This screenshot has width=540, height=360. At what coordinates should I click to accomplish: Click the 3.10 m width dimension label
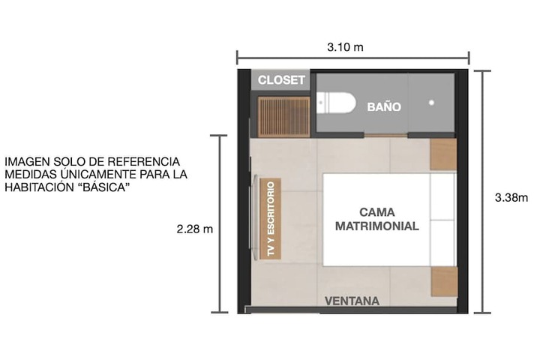click(x=345, y=46)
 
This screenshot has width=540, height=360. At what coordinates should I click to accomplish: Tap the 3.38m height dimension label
click(x=511, y=198)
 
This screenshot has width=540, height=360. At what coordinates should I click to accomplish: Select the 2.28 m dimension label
click(x=195, y=229)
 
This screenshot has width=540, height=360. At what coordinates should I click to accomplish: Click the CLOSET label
click(x=281, y=80)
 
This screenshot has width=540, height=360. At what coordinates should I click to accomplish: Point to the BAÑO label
click(x=384, y=106)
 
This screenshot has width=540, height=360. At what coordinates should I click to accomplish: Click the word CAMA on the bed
click(x=377, y=211)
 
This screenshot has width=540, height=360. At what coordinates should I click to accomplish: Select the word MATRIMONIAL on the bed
click(x=377, y=226)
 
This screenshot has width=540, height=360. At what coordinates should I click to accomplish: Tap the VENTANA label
click(x=352, y=301)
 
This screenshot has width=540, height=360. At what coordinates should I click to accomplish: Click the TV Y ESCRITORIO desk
click(x=271, y=218)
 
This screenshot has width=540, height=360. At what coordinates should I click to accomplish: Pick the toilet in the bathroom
click(x=336, y=102)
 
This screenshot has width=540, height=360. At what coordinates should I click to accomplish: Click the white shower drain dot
click(x=431, y=102)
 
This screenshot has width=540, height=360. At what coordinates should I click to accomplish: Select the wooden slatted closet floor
click(x=284, y=117)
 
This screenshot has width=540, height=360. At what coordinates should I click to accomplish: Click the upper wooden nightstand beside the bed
click(x=443, y=154)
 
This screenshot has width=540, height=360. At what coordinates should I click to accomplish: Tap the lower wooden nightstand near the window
click(x=444, y=281)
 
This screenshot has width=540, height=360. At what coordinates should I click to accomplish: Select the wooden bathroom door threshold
click(x=385, y=136)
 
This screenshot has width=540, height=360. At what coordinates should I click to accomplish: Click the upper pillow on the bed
click(x=443, y=196)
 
